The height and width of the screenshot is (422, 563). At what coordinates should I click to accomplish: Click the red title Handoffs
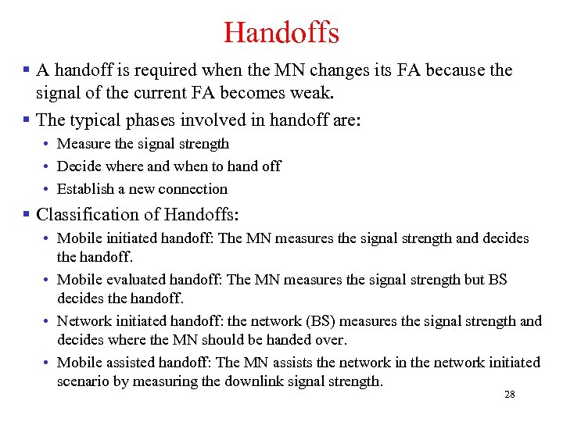[x=281, y=33]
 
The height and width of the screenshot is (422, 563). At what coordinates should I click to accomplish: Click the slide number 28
[x=510, y=395]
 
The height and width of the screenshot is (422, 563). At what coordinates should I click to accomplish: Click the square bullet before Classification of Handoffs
[x=27, y=214]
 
